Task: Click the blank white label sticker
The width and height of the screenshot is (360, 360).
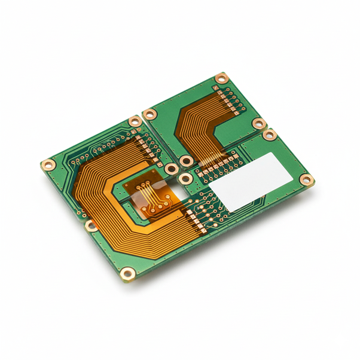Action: point(251,181)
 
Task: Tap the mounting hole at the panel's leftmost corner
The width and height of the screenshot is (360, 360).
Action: point(48,164)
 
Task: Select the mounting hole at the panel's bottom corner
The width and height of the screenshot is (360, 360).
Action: point(127,274)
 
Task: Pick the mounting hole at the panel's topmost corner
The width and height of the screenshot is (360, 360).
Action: point(222,78)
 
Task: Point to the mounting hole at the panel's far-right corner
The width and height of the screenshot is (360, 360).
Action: point(306,179)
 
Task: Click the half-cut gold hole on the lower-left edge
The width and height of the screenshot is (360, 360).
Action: point(91,225)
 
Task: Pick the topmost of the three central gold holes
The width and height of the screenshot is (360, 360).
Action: point(186,161)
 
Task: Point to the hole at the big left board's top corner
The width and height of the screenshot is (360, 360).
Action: point(135,121)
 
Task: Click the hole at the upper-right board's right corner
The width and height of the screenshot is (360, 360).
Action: point(259,124)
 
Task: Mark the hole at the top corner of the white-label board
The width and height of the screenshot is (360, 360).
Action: point(269,135)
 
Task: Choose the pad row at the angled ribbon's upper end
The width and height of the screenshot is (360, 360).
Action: point(231,99)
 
